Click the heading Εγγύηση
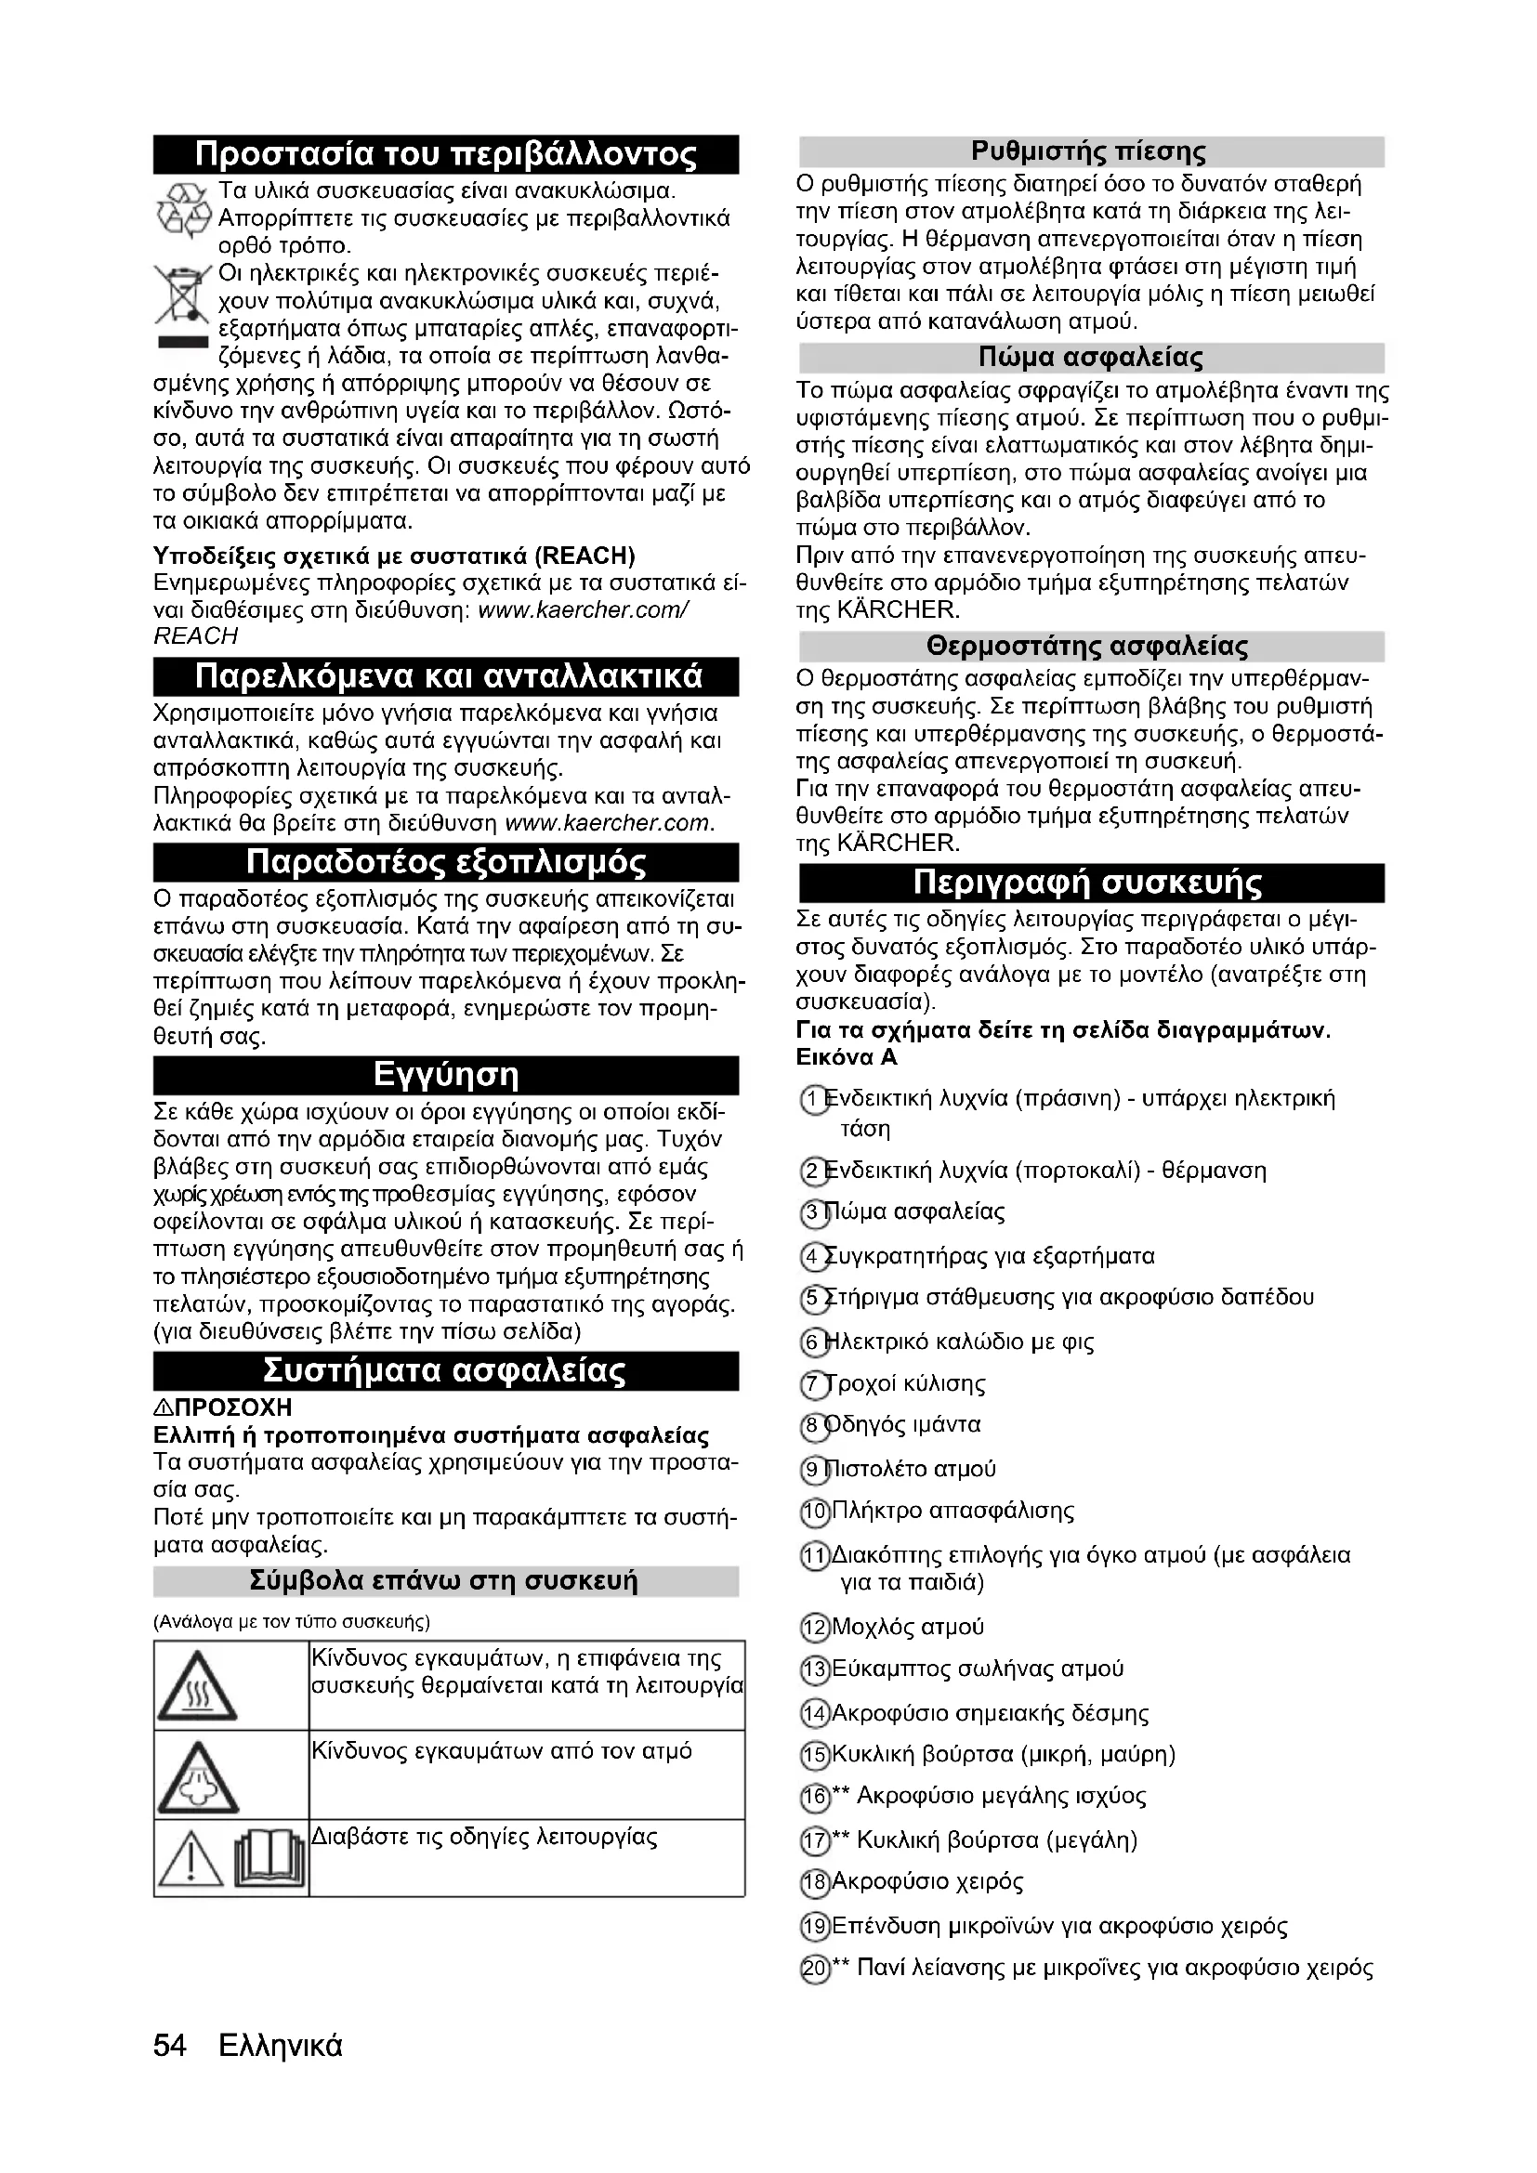click(446, 1075)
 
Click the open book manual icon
click(271, 1860)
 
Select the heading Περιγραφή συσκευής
click(1090, 883)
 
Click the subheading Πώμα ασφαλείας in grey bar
click(1090, 358)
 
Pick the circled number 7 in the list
click(812, 1385)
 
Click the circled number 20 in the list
click(812, 1970)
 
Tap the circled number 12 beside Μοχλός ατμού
click(812, 1629)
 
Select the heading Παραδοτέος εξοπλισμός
click(446, 862)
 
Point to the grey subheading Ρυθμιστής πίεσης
click(1090, 151)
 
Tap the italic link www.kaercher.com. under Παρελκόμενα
click(610, 822)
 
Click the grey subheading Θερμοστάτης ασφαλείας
click(1090, 647)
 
